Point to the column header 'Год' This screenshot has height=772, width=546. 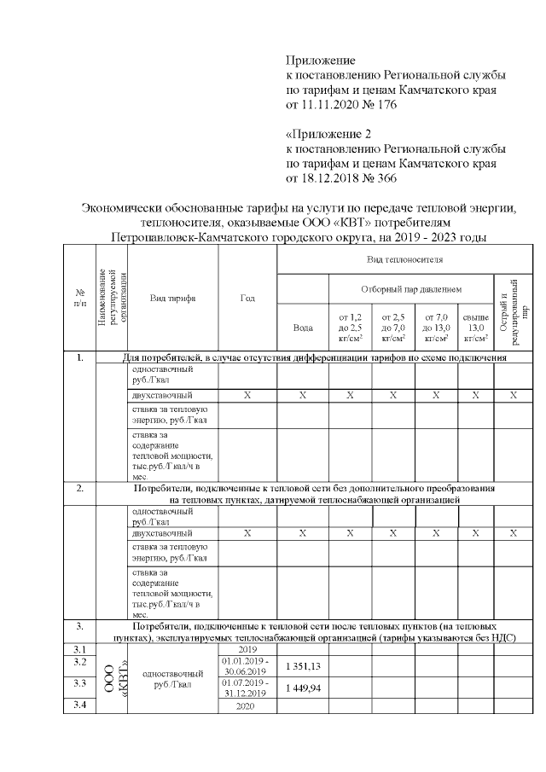247,299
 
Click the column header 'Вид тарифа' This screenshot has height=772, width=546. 173,299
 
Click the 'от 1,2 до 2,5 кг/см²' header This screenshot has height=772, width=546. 350,327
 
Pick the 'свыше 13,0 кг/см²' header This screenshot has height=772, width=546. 475,327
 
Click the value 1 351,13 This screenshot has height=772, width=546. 302,665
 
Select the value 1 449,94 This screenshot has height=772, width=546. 302,688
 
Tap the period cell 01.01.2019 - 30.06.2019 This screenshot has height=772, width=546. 247,665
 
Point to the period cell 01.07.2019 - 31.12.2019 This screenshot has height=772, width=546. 247,688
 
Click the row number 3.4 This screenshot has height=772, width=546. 81,704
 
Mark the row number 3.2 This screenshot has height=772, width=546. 81,662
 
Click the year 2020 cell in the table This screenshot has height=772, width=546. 247,705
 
